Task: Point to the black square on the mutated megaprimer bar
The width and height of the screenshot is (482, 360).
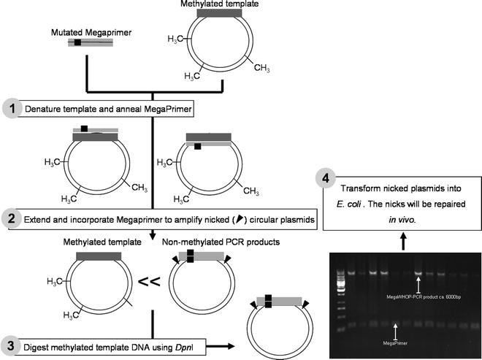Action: [77, 43]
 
